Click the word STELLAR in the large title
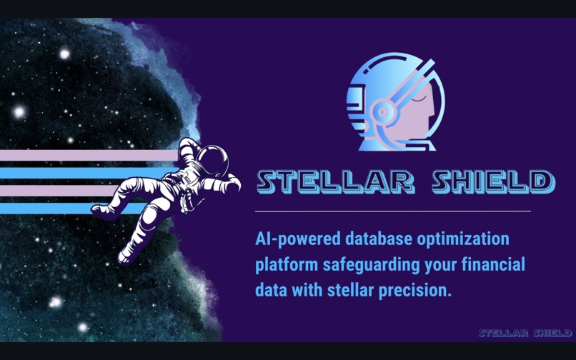click(x=334, y=182)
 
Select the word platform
click(x=285, y=265)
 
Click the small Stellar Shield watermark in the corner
click(x=525, y=333)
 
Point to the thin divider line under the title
click(x=393, y=211)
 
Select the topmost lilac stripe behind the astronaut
click(x=86, y=155)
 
